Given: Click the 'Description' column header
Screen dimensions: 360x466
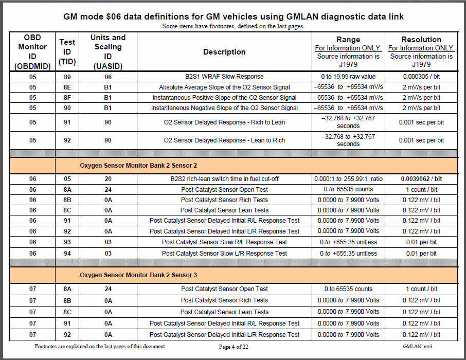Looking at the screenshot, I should (224, 52).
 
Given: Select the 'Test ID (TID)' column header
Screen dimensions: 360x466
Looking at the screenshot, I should (67, 52).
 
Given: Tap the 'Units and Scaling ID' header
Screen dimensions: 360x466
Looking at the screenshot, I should (108, 52).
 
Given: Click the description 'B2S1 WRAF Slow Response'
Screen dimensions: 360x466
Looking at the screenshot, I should (224, 77).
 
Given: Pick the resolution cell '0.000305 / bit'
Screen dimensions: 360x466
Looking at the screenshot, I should (421, 77).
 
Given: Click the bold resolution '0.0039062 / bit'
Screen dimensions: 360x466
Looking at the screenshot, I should (421, 179).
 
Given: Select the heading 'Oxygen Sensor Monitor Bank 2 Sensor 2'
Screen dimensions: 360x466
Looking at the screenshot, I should (138, 166).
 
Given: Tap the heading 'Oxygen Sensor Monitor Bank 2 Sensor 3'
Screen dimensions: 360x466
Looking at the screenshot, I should (138, 275).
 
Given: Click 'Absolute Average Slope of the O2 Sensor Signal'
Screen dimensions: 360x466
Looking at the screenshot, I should (224, 87).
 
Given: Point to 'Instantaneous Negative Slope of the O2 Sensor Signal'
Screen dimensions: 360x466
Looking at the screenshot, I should (224, 108).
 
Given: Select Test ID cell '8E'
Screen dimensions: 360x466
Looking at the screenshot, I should (67, 87).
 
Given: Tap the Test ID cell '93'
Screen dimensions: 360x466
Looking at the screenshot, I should (67, 242).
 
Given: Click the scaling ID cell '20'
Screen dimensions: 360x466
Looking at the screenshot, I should (108, 179).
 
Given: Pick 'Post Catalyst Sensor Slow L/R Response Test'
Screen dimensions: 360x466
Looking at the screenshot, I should (224, 253).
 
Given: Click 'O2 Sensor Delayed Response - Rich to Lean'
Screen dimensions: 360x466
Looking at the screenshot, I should (224, 122).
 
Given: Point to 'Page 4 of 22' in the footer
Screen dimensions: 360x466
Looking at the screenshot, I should (234, 347).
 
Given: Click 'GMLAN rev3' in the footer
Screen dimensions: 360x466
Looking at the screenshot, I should (417, 347).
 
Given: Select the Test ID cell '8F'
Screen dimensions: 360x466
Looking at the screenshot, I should (67, 98).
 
